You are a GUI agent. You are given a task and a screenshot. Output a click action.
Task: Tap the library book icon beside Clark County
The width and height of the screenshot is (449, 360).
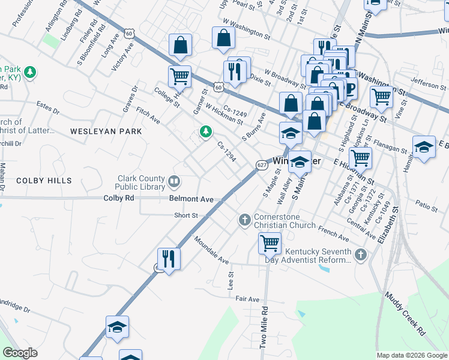point(174,181)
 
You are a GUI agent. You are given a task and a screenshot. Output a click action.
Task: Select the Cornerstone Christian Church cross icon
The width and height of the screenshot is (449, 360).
point(244,220)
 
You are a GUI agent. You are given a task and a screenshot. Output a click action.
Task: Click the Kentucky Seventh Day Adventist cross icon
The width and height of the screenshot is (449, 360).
point(360,256)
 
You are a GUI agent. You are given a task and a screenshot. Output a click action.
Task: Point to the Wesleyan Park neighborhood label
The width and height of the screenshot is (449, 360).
point(106,131)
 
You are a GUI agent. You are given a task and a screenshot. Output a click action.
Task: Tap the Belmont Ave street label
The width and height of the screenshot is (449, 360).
point(191,198)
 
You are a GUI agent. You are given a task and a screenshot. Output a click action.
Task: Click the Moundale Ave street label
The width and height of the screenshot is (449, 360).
point(211,250)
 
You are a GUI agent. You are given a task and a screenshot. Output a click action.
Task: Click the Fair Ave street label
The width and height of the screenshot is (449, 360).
point(247,299)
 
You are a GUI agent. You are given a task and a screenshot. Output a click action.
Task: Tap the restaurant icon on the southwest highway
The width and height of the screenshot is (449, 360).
point(169,259)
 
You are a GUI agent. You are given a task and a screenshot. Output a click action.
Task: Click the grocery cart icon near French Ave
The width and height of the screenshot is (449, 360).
point(270,243)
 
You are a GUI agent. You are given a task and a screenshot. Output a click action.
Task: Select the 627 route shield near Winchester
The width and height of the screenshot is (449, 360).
point(262,165)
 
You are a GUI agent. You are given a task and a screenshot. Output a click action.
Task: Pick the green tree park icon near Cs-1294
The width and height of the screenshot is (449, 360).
point(206,131)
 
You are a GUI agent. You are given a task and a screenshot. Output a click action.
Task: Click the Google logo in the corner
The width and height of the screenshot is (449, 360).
point(20,353)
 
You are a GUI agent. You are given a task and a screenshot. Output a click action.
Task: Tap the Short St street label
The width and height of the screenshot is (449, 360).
point(185,215)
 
